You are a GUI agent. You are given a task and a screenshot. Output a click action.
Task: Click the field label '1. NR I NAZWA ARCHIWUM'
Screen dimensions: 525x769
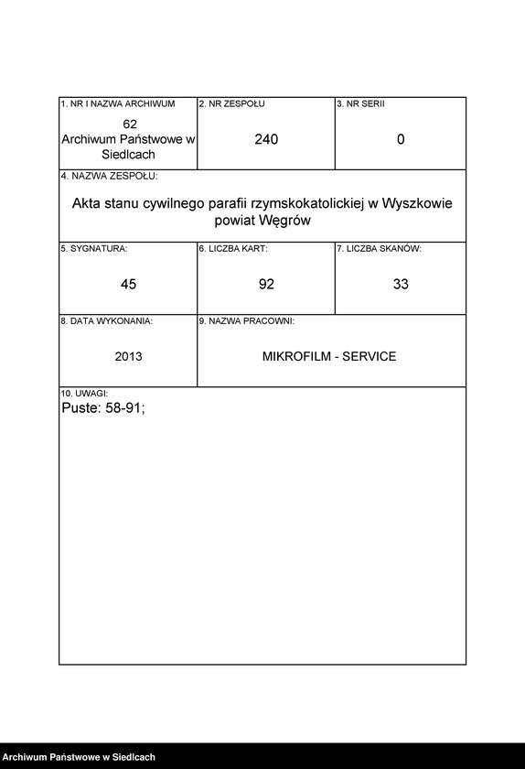117,104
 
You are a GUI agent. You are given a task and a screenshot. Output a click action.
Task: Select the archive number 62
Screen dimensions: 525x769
129,124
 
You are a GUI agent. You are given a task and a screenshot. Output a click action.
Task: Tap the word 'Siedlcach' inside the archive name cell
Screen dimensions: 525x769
129,155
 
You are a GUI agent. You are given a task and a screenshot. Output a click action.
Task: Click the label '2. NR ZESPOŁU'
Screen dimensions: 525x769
232,104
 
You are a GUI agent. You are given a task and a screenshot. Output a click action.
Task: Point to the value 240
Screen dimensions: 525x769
266,139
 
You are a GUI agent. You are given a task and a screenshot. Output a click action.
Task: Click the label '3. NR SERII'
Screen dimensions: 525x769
360,104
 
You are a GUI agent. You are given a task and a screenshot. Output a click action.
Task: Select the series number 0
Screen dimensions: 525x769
401,139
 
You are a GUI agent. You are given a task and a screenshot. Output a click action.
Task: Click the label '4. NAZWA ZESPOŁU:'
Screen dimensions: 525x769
109,175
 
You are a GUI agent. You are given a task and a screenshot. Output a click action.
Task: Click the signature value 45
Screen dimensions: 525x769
128,284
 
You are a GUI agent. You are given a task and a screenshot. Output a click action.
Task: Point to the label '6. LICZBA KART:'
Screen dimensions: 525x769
233,248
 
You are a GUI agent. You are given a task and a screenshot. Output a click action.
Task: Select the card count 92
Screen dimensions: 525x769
266,284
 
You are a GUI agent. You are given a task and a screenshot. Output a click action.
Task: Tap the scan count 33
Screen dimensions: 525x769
401,284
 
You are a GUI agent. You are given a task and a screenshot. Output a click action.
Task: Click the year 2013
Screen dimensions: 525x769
128,356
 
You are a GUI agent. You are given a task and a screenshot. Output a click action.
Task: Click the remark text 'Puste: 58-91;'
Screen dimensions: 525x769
102,409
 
